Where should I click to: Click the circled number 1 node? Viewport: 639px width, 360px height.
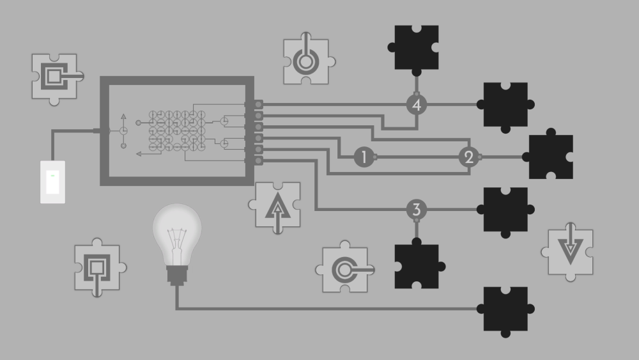pos(364,157)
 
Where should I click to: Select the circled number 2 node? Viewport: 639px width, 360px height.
pos(468,157)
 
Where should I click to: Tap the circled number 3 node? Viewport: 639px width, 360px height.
pos(416,209)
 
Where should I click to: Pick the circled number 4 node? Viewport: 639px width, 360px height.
pos(416,104)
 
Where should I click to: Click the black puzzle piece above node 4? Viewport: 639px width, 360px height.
pos(416,47)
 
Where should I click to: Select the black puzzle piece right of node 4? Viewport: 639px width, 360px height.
pos(505,105)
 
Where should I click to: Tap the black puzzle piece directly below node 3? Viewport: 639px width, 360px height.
pos(416,266)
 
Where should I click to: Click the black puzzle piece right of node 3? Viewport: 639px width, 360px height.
pos(505,209)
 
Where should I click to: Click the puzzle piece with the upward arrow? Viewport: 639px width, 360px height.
pos(277,205)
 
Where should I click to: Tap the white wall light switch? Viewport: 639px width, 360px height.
pos(53,182)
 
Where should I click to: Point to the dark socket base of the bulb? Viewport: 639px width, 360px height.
pos(176,275)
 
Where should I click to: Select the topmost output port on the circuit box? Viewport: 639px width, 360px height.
pos(258,104)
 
